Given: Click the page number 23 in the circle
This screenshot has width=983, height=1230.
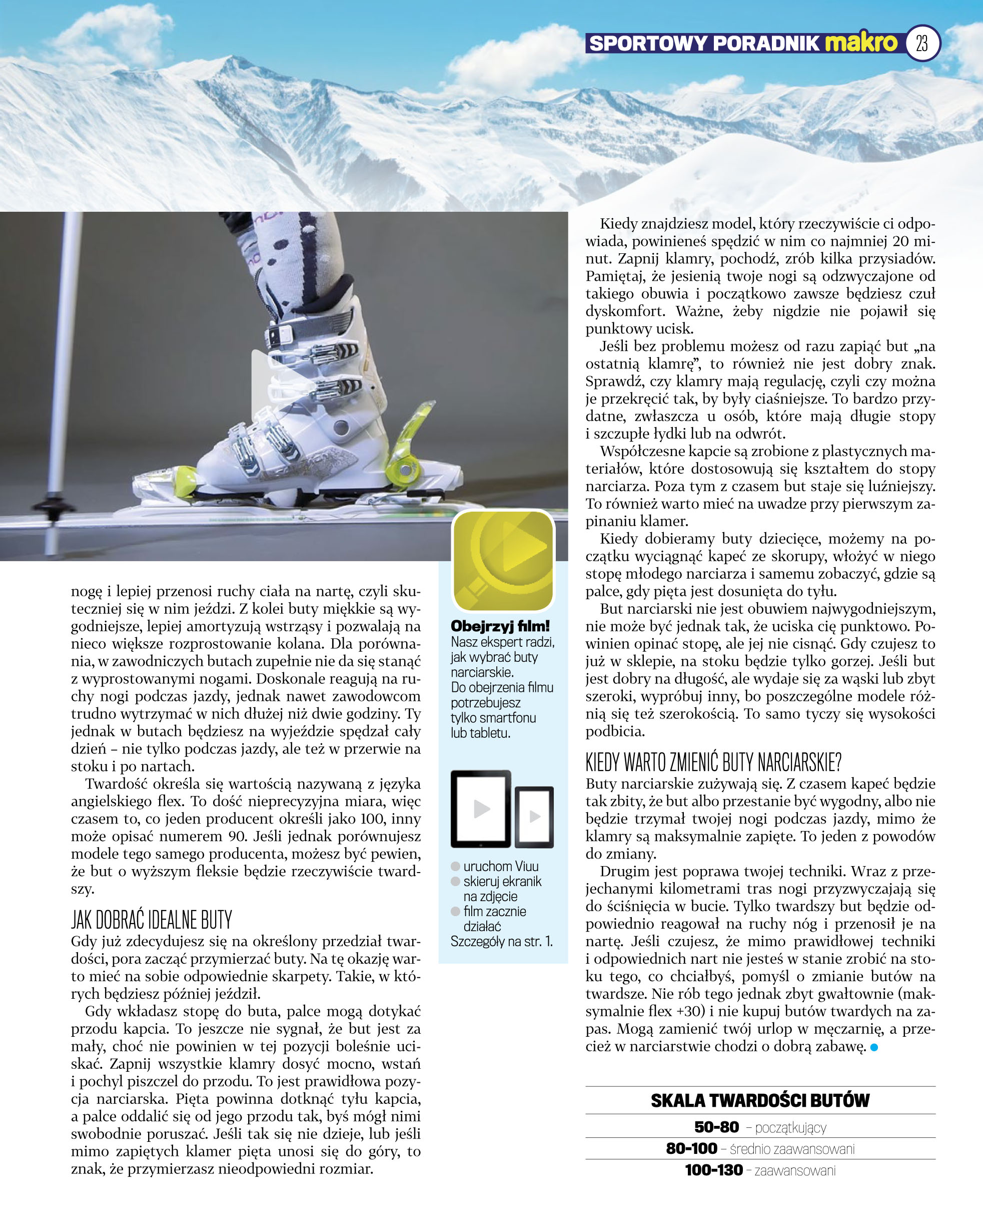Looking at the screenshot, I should point(922,44).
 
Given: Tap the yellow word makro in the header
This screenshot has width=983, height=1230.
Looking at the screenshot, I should point(861,43).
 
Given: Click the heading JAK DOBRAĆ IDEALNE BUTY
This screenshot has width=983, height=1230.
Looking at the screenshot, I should point(152,920).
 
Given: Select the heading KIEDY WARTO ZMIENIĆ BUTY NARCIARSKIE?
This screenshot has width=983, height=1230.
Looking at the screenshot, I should point(713,761).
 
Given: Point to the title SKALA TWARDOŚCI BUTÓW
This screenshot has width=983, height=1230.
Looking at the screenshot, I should point(759,1100).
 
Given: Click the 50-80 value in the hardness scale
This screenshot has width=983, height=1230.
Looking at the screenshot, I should point(716,1127).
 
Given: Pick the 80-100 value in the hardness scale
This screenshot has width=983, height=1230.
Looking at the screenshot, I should point(691,1148).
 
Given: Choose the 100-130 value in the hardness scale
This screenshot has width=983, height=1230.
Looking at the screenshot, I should point(713,1170).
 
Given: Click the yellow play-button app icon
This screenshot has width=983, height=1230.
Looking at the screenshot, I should point(503,560).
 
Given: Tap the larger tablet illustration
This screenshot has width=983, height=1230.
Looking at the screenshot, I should point(481,808).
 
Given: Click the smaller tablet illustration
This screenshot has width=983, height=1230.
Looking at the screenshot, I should point(534,816).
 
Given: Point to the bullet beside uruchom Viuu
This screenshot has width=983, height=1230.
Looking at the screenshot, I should point(456,867).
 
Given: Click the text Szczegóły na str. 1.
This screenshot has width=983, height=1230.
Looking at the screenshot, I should point(502,941).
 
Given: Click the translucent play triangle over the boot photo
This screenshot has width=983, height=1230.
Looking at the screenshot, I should point(274,385).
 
